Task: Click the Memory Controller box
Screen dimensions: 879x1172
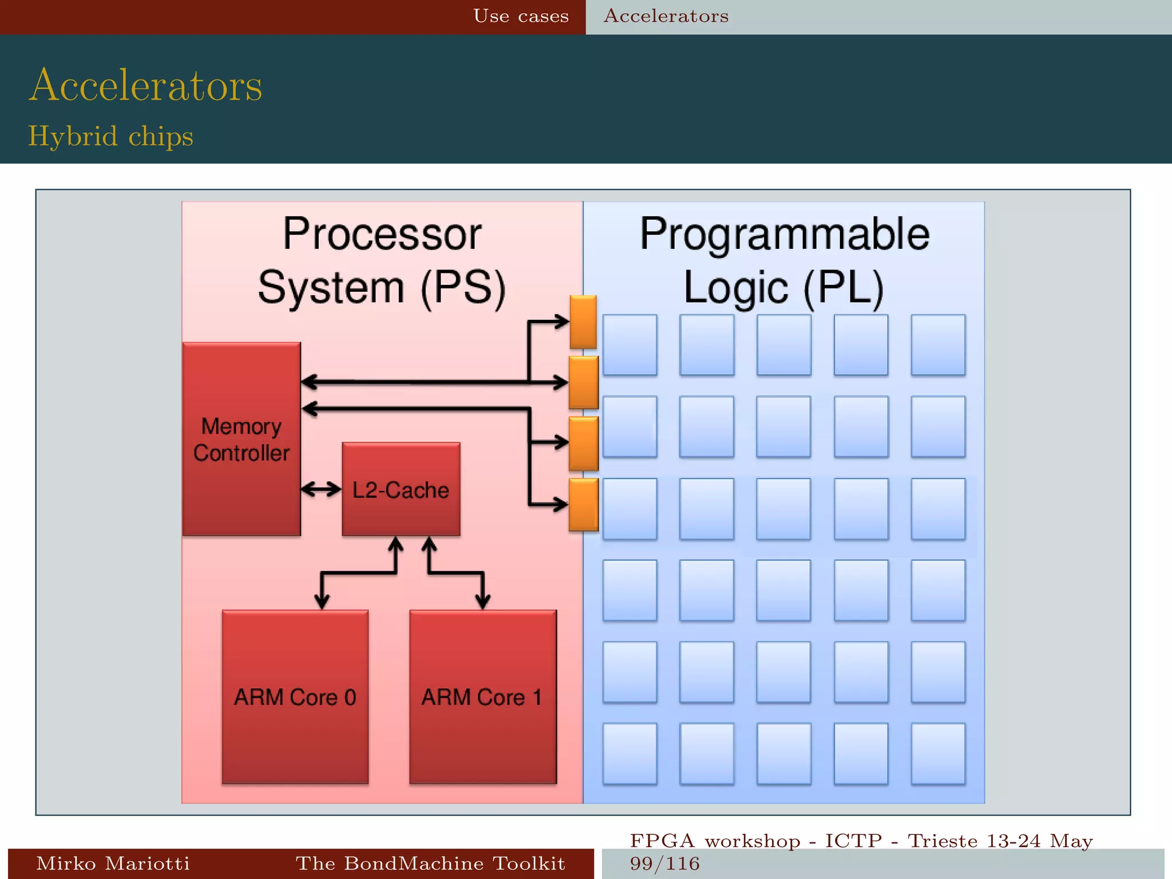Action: [241, 439]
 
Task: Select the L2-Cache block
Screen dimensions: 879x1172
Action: [401, 489]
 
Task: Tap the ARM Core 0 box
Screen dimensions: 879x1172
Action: [295, 696]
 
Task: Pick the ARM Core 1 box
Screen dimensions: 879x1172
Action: [482, 696]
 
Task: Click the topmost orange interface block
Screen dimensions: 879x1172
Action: [583, 322]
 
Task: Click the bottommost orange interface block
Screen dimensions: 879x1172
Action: [583, 505]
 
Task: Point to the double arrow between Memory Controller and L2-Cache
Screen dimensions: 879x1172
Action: [321, 489]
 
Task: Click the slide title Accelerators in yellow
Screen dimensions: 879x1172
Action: [145, 86]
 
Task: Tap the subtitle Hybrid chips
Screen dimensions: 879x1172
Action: [110, 136]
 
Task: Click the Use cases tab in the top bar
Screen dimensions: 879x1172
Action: [521, 16]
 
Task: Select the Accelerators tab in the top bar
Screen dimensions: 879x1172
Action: [666, 16]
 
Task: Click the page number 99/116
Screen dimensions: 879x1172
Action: [664, 864]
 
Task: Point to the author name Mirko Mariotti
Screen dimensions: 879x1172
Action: [113, 863]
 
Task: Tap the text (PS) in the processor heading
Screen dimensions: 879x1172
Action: [464, 287]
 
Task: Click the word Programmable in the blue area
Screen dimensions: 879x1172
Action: [784, 234]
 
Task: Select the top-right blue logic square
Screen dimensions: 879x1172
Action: [937, 345]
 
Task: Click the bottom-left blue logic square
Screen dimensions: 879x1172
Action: [629, 753]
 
